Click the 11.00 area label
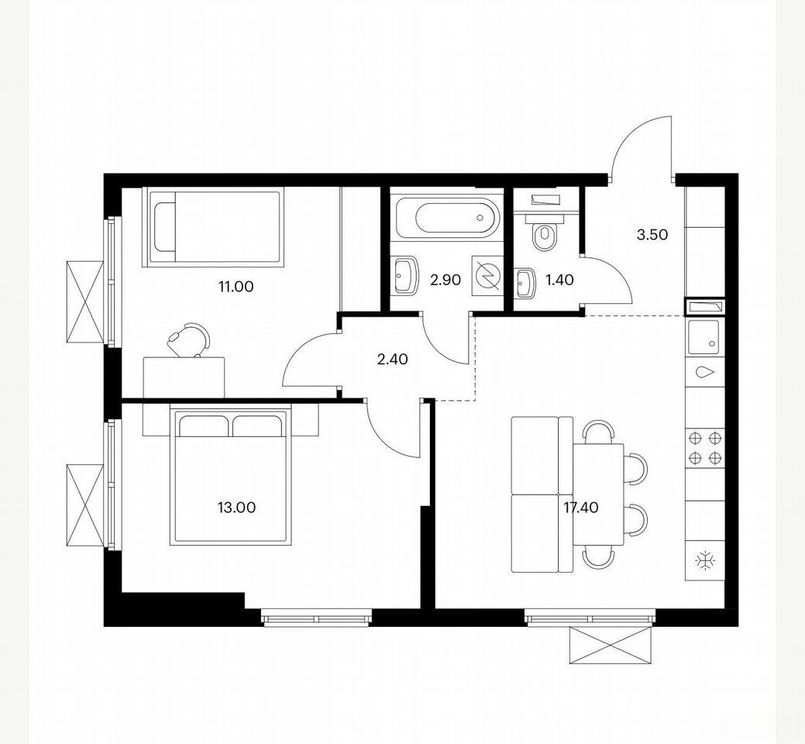pos(236,287)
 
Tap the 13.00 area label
pos(236,508)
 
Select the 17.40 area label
pos(580,508)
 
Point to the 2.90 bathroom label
pos(446,281)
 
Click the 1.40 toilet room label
pos(559,281)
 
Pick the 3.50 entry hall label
pos(652,235)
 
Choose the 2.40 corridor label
pos(392,360)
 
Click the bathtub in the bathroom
pos(446,218)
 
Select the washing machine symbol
pos(485,277)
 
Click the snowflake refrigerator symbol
pos(704,560)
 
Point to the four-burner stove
pos(705,447)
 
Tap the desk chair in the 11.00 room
pos(190,339)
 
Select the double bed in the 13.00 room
pos(229,475)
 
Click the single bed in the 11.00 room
pos(212,227)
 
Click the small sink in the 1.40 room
pos(526,284)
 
